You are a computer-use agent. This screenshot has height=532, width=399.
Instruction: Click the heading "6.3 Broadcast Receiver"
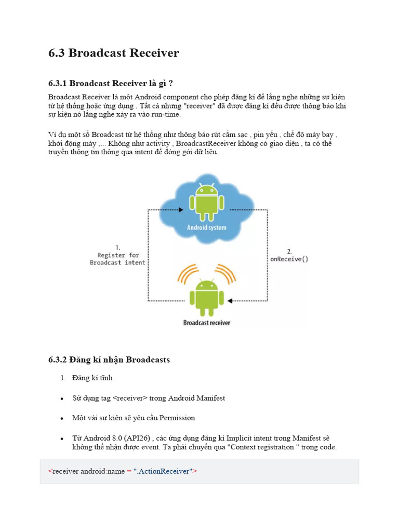point(113,53)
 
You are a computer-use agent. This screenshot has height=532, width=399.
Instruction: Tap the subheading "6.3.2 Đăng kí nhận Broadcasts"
point(109,360)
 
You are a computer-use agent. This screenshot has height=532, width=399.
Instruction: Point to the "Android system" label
point(207,228)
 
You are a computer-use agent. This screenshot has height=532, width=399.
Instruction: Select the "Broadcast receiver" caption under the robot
point(207,323)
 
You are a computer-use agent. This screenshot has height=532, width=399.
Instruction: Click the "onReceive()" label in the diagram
point(289,259)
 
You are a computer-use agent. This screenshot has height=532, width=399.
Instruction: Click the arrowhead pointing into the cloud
point(181,210)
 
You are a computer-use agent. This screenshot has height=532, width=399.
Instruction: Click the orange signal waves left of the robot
point(188,274)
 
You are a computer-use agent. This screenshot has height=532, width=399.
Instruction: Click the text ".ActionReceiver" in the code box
point(163,471)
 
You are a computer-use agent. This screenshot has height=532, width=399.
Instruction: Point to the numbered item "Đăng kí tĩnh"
point(92,378)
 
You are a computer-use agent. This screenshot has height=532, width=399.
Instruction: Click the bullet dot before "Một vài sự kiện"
point(61,418)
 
